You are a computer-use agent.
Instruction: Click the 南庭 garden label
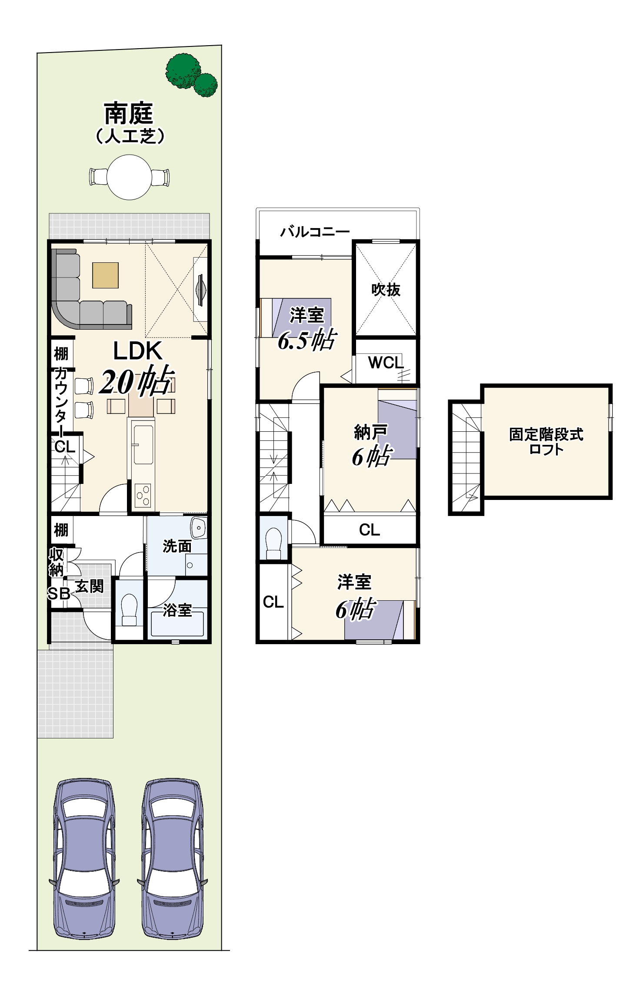tap(129, 114)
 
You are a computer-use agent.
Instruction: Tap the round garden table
tap(130, 177)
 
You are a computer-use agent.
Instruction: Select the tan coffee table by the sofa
tap(105, 275)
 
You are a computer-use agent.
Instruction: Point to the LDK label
tap(137, 351)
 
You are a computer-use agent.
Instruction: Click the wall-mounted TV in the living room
tap(201, 290)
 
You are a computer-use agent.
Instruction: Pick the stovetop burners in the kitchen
tap(143, 495)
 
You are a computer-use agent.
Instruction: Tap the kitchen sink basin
tap(143, 445)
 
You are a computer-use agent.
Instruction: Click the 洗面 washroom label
tap(177, 546)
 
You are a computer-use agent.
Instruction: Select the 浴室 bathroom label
tap(177, 610)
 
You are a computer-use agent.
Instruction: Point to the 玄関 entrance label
tap(90, 586)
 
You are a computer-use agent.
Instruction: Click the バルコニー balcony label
tap(315, 232)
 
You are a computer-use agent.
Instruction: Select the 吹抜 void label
tap(386, 290)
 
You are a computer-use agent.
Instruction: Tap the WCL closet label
tap(386, 362)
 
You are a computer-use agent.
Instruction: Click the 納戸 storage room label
tap(370, 432)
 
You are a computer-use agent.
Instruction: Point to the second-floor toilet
tap(273, 543)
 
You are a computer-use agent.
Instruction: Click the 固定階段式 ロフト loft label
tap(546, 441)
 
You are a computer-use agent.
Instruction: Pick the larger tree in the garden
tap(183, 71)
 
